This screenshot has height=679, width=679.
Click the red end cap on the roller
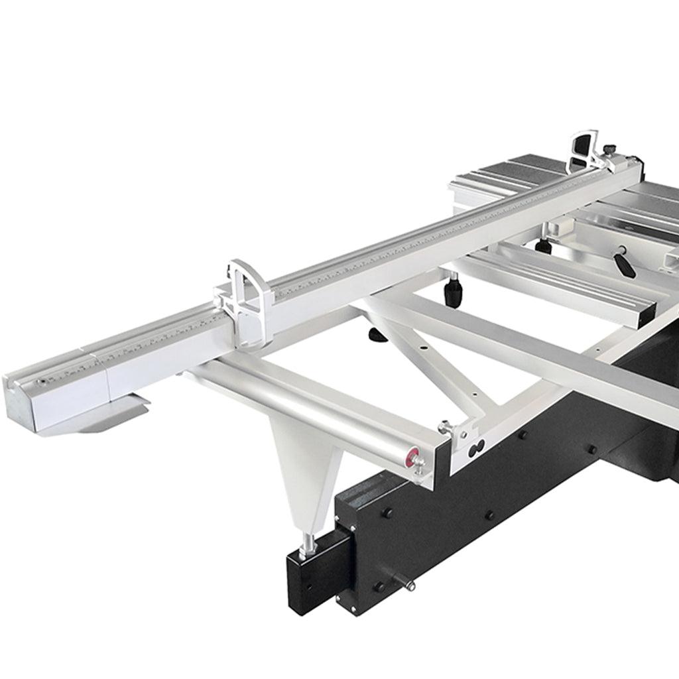click(x=414, y=456)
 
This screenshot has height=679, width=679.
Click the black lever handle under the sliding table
click(x=624, y=263)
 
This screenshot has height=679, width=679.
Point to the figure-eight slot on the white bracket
click(x=476, y=450)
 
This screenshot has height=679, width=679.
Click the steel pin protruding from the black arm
click(x=407, y=584)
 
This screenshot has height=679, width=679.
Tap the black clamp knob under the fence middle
click(x=454, y=291)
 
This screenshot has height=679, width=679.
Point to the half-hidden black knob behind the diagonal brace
click(x=378, y=335)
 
